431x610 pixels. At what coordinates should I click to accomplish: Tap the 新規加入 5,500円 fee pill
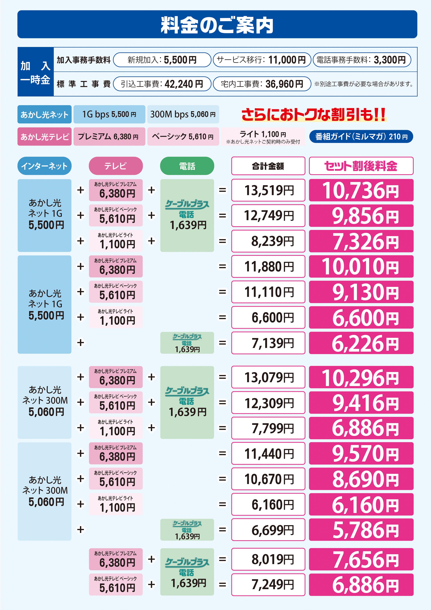(x=162, y=60)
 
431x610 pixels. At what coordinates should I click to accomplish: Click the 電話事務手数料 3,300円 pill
(x=362, y=60)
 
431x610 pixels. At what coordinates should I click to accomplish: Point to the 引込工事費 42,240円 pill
(x=162, y=84)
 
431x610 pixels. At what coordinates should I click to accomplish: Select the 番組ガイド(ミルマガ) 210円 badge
(x=361, y=137)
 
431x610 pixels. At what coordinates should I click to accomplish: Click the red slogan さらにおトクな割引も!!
(x=313, y=115)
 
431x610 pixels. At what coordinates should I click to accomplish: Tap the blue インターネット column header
(x=44, y=166)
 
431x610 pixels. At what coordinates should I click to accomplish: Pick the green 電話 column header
(x=187, y=166)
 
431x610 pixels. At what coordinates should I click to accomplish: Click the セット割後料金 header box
(x=361, y=166)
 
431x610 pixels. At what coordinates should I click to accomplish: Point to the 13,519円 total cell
(x=268, y=190)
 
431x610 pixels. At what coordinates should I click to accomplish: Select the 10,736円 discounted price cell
(x=361, y=190)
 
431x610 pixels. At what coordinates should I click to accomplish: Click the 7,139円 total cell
(x=268, y=343)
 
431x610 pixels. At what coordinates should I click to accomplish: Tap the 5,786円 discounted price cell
(x=361, y=530)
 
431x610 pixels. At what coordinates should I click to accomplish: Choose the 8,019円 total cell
(x=268, y=559)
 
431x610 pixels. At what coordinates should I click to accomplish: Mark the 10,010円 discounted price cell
(x=361, y=266)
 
